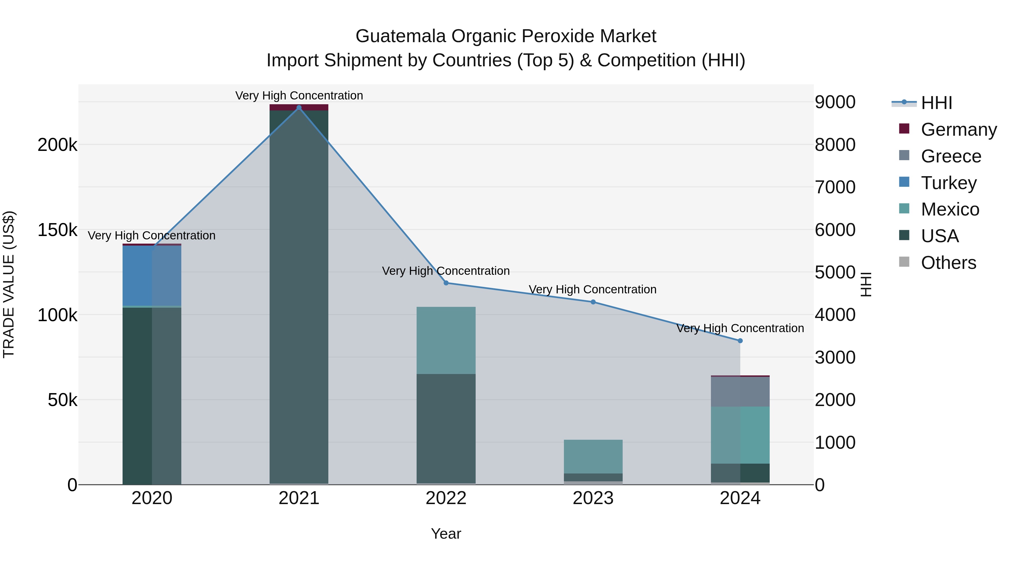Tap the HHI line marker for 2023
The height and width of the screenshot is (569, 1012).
click(x=593, y=302)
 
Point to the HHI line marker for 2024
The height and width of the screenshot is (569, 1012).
click(x=740, y=341)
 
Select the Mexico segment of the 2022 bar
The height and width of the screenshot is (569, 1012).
click(x=446, y=340)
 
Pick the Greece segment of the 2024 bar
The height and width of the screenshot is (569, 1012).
click(x=740, y=391)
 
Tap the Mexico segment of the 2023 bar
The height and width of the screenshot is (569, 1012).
click(x=593, y=456)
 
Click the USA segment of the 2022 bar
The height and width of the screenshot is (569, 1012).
click(x=446, y=428)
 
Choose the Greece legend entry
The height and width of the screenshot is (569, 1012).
click(x=951, y=156)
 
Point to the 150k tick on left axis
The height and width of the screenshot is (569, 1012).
click(x=57, y=230)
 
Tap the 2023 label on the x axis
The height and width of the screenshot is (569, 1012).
click(x=593, y=498)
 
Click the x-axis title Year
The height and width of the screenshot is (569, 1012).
click(x=446, y=534)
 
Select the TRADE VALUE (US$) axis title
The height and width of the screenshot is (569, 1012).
click(x=9, y=284)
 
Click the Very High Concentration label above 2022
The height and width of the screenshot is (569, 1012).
click(x=446, y=271)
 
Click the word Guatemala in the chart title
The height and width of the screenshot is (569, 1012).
click(x=400, y=36)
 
